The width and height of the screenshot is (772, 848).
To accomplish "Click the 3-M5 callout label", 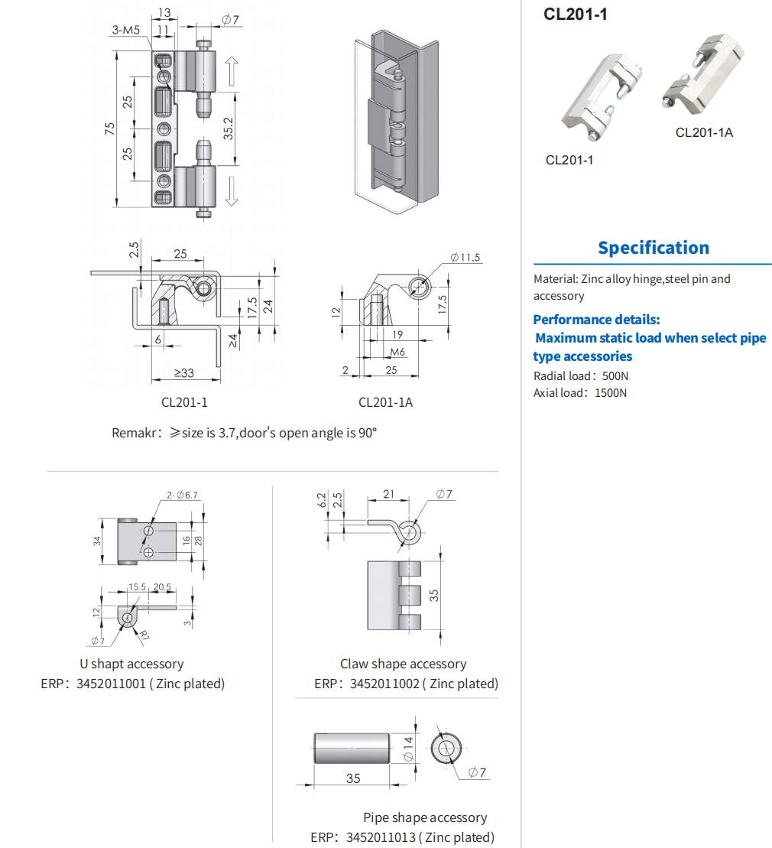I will point(126,31).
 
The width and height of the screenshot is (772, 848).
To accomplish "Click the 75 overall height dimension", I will point(110,130).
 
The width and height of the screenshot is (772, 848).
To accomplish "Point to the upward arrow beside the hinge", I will point(232,71).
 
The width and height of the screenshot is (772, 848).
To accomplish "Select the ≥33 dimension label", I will point(183,373).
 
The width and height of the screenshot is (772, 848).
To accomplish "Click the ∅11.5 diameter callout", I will point(465,258).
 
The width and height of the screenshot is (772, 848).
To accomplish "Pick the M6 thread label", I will point(397,352).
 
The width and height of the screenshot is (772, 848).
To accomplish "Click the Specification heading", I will point(654,248).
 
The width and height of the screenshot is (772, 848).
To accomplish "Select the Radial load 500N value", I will point(615,375).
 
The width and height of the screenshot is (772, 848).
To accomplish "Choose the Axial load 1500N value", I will point(610,393).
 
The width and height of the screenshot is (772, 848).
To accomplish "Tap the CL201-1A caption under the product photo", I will point(704,132).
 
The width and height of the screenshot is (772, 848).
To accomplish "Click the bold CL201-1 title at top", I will point(576,14).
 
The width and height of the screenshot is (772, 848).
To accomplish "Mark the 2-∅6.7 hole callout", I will point(182,495).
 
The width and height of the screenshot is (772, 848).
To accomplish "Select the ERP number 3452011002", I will point(384,684).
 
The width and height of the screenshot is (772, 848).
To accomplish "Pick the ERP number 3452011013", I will point(381,837).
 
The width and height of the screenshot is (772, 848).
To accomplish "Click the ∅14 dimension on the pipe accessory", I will point(407,748).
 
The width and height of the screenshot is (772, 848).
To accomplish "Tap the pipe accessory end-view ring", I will point(445,748).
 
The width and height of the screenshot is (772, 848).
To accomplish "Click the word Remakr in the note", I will point(135,433).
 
